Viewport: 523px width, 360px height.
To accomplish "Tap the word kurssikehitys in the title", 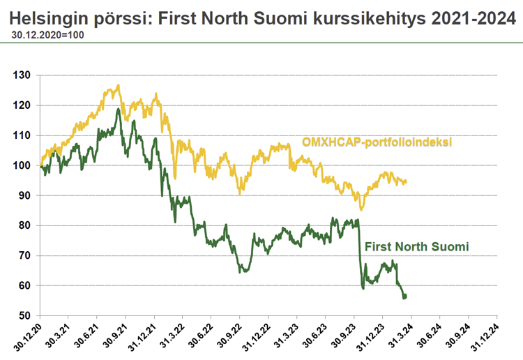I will [374, 17].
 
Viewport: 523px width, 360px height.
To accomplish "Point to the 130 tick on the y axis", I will [23, 75].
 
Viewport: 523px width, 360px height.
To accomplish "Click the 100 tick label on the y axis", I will [23, 166].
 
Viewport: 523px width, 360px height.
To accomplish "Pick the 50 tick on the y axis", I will [26, 316].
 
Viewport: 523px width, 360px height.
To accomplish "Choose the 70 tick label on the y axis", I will [26, 256].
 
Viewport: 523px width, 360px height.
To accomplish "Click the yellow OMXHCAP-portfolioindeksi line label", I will [377, 142].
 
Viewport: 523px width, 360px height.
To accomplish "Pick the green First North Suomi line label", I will [416, 246].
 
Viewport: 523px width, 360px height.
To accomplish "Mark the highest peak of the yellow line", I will [119, 86].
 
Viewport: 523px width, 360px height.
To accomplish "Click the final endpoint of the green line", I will [405, 297].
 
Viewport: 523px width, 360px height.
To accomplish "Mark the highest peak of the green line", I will [119, 110].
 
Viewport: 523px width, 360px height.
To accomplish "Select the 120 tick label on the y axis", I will [23, 106].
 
